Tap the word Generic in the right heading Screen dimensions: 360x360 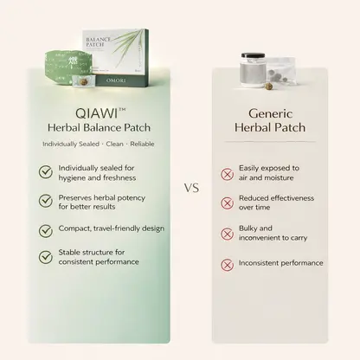pyautogui.click(x=270, y=113)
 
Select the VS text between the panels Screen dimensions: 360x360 pyautogui.click(x=192, y=188)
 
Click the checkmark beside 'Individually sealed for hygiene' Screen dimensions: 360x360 pyautogui.click(x=46, y=172)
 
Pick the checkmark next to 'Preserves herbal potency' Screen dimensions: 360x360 pyautogui.click(x=46, y=201)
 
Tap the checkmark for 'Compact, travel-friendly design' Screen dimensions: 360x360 pyautogui.click(x=46, y=231)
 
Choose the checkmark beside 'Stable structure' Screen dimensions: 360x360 pyautogui.click(x=46, y=257)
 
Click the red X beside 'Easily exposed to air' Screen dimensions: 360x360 pyautogui.click(x=228, y=174)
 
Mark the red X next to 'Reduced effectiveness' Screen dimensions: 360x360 pyautogui.click(x=228, y=203)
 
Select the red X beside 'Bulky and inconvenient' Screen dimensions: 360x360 pyautogui.click(x=228, y=234)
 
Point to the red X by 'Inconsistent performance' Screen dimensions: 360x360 pyautogui.click(x=228, y=265)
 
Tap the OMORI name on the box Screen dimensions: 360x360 pyautogui.click(x=116, y=80)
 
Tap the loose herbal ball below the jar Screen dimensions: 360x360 pyautogui.click(x=269, y=86)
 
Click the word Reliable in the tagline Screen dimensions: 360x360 pyautogui.click(x=142, y=144)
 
